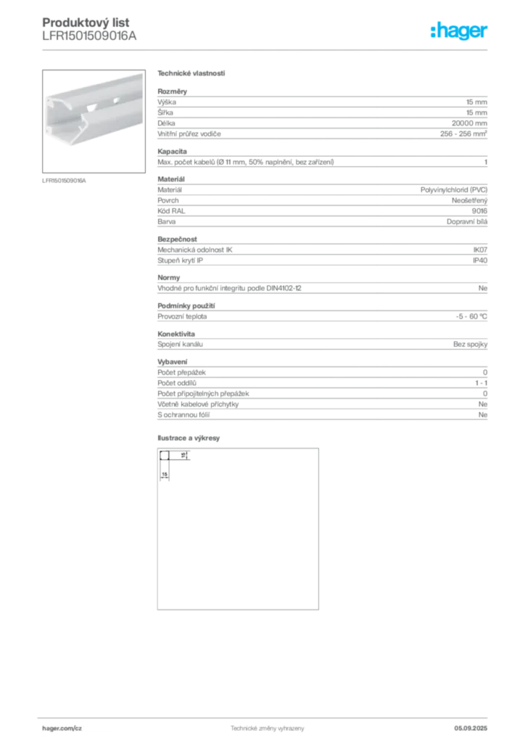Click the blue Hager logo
coord(460,32)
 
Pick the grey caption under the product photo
coord(64,180)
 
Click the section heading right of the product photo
coord(191,75)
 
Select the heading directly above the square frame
coord(191,439)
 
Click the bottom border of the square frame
coord(238,609)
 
